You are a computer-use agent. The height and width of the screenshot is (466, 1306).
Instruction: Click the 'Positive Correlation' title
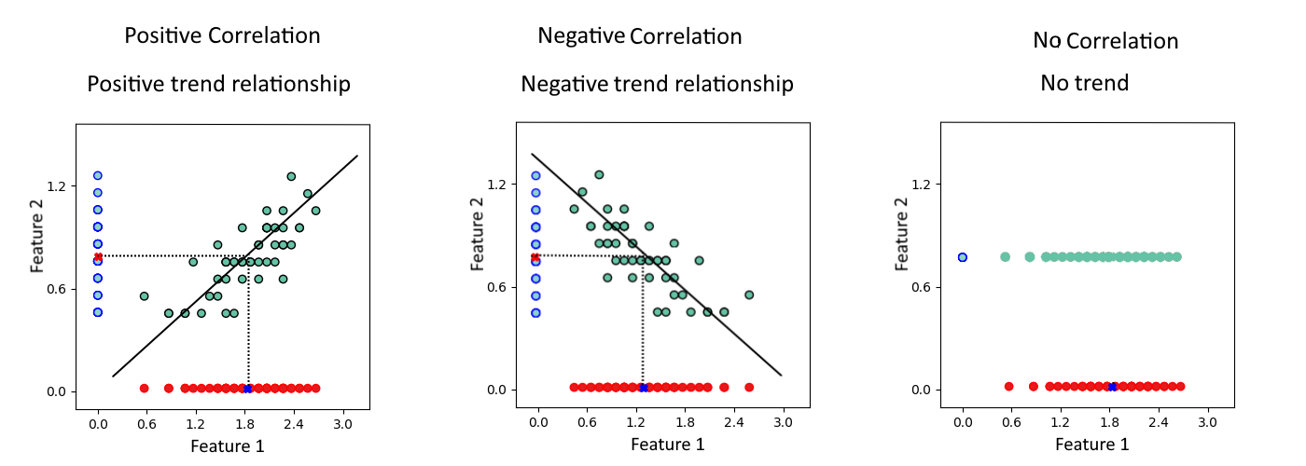click(x=222, y=36)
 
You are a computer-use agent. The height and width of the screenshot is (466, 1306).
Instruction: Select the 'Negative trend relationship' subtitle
click(x=657, y=84)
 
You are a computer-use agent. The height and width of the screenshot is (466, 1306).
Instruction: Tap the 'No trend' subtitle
click(x=1084, y=83)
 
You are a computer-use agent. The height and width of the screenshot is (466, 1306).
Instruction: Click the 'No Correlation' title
click(x=1105, y=41)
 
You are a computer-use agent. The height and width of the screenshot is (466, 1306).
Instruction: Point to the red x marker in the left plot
click(x=98, y=257)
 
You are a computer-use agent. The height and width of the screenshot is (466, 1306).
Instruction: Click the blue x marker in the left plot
click(x=248, y=389)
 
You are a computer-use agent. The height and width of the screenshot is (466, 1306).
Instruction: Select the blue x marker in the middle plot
click(x=643, y=388)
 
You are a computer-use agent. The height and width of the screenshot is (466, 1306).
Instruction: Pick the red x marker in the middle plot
click(x=535, y=257)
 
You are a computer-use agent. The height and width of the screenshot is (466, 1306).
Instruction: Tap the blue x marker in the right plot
click(x=1112, y=387)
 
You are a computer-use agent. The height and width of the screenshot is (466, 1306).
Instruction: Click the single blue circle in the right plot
click(x=963, y=257)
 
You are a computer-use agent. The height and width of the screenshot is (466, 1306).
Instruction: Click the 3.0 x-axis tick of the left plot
click(x=343, y=424)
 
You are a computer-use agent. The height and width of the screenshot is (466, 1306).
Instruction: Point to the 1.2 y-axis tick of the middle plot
click(x=496, y=185)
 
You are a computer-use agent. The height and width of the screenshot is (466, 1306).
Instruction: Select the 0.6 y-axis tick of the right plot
click(x=922, y=287)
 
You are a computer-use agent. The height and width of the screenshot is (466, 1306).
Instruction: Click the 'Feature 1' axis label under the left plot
click(x=228, y=446)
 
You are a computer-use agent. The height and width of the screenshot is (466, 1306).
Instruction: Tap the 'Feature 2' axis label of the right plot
click(x=901, y=234)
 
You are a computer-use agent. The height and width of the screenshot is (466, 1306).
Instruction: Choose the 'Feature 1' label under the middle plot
click(x=668, y=445)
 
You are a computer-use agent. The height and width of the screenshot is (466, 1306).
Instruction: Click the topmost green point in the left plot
click(x=291, y=176)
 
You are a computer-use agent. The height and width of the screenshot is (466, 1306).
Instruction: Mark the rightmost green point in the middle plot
click(x=749, y=295)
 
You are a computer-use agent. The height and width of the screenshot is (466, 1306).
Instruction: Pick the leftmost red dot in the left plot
click(x=144, y=389)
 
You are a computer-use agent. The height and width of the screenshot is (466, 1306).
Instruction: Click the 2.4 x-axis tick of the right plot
click(x=1159, y=422)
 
